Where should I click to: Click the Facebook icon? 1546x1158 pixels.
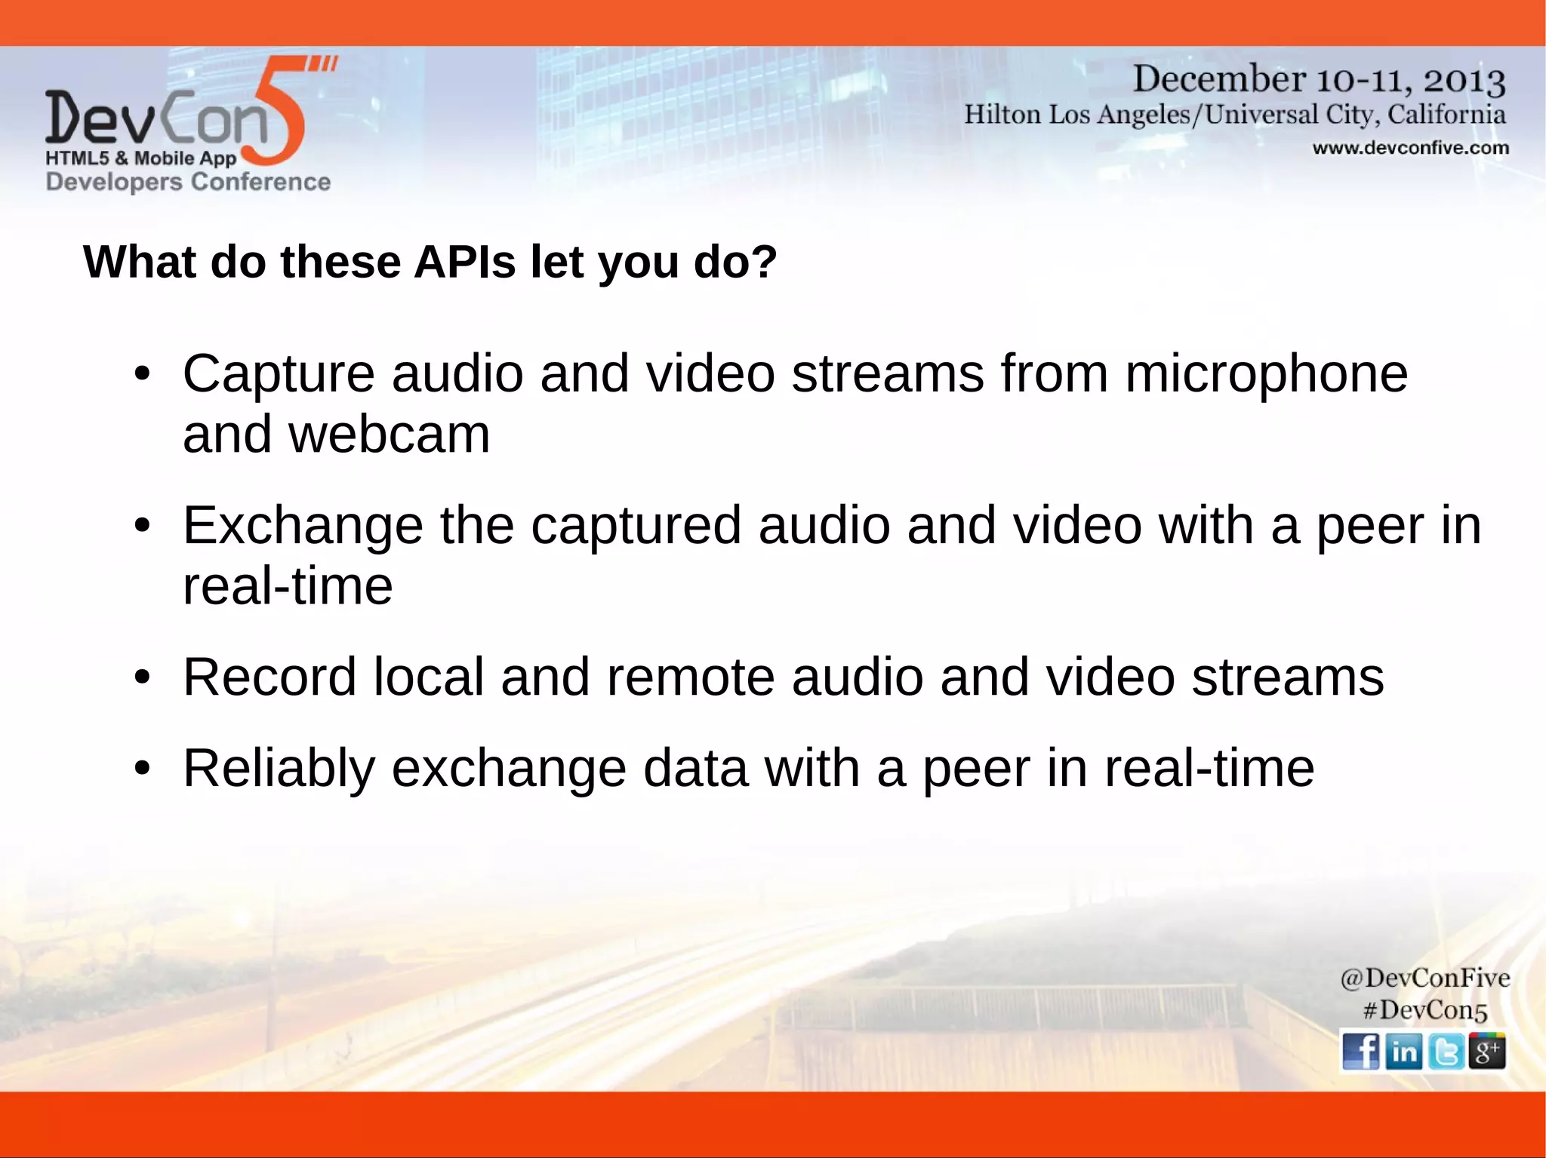pos(1360,1051)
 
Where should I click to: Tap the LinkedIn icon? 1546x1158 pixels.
pos(1403,1051)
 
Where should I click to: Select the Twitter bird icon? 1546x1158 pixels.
pos(1446,1051)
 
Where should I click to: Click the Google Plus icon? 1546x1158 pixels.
pos(1487,1051)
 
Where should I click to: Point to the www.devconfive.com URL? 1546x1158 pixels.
pos(1410,148)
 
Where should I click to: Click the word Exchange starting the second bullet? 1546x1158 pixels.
pos(303,526)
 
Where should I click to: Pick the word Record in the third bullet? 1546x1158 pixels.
pos(269,677)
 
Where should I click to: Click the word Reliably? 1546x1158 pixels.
pos(279,768)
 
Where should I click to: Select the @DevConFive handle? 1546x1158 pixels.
pos(1424,978)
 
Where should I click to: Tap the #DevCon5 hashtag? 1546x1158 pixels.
pos(1424,1010)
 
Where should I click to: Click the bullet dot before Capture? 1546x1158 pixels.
pos(142,374)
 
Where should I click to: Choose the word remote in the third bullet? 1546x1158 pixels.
pos(690,677)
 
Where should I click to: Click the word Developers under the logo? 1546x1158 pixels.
pos(114,182)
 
